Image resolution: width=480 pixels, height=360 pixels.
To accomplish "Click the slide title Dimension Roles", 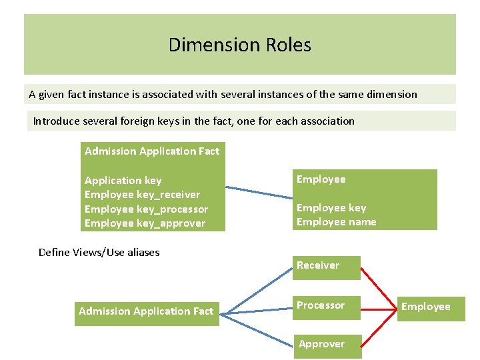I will coord(239,45).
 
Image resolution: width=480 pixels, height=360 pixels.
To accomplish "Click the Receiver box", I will coord(327,266).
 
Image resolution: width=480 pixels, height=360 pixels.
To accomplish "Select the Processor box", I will coord(327,306).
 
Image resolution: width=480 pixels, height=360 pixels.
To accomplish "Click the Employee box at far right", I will coord(430,307).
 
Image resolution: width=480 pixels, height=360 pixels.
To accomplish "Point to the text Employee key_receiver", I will coord(142,195).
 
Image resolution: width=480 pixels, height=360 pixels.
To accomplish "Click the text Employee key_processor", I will coord(146,209).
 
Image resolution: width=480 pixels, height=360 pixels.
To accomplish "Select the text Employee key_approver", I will coord(145,223).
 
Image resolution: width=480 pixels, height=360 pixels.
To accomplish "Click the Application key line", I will coord(123,181).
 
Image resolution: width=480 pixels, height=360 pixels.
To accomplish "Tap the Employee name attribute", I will coord(336,222).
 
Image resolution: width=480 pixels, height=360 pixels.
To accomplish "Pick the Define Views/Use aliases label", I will coord(99,252).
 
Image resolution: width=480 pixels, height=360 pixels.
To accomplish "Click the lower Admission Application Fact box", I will coord(146,311).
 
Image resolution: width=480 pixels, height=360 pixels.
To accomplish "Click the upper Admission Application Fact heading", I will coord(152,151).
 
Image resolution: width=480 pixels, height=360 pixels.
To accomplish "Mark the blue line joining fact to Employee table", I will coord(259,191).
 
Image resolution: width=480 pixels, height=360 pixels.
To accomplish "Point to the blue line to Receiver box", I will coord(257,290).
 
